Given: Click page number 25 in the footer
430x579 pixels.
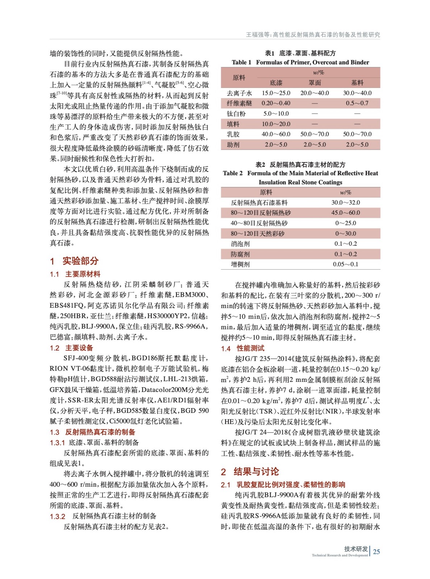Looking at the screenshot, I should pyautogui.click(x=376, y=551).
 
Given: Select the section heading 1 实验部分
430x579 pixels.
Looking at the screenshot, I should pyautogui.click(x=74, y=261).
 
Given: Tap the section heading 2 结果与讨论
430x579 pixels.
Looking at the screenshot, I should pyautogui.click(x=250, y=472).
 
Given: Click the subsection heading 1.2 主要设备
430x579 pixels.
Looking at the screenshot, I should pyautogui.click(x=72, y=348).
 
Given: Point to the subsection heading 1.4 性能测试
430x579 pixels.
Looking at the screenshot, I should pyautogui.click(x=243, y=348).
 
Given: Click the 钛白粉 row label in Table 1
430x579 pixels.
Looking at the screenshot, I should pyautogui.click(x=236, y=114).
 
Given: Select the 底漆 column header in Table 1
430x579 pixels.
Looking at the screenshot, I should pyautogui.click(x=276, y=83).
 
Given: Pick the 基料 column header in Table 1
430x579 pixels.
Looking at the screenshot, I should pyautogui.click(x=357, y=83).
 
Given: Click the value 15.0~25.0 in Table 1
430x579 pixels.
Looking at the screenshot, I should pyautogui.click(x=276, y=93).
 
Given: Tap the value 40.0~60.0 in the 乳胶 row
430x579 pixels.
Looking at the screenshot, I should pyautogui.click(x=276, y=134).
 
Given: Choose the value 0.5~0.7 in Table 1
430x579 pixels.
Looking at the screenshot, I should pyautogui.click(x=357, y=103).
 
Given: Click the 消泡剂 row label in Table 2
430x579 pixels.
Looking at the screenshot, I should pyautogui.click(x=240, y=244).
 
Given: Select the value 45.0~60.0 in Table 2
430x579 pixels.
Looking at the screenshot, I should pyautogui.click(x=346, y=213).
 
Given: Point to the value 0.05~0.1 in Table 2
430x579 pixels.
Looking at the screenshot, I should pyautogui.click(x=346, y=265).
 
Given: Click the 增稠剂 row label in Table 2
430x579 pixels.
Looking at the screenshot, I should pyautogui.click(x=240, y=265).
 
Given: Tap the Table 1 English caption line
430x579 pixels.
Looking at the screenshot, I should pyautogui.click(x=300, y=62).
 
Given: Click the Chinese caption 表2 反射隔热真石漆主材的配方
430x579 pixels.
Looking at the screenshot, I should pyautogui.click(x=300, y=165).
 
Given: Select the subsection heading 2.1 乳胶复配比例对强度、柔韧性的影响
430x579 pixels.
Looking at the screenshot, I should pyautogui.click(x=283, y=485).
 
